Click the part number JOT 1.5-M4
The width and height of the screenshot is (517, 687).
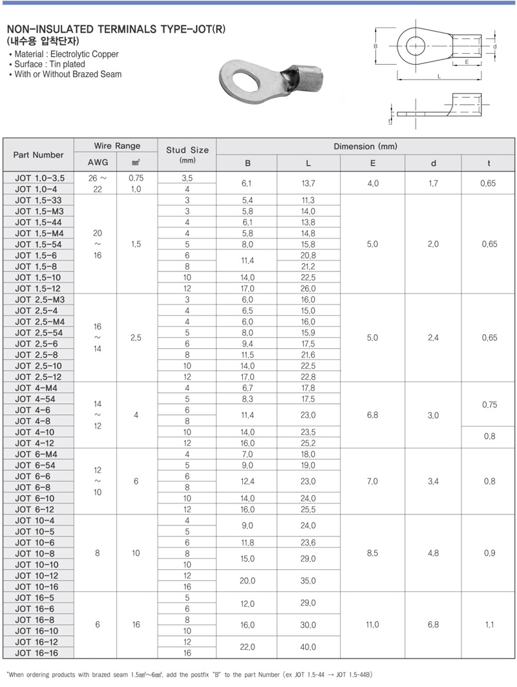point(38,233)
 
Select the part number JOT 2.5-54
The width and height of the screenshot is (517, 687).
point(38,332)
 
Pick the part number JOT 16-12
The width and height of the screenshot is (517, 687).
point(38,642)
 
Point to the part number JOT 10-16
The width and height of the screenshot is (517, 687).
point(38,586)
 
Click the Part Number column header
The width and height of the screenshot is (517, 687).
point(38,154)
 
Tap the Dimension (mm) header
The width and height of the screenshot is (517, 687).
point(365,147)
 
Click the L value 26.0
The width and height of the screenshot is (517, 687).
point(308,288)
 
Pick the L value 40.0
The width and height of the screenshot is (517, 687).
point(308,647)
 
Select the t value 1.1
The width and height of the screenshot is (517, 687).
point(489,625)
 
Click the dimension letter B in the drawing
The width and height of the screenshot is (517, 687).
point(375,47)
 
